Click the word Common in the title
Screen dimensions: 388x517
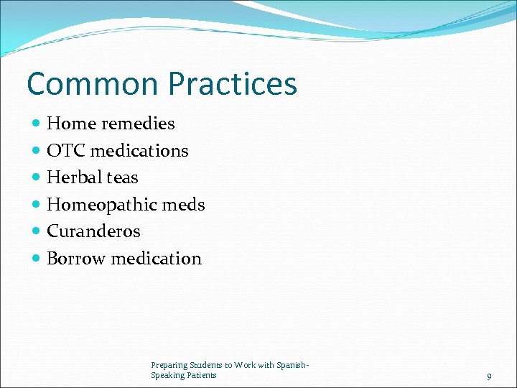pyautogui.click(x=93, y=83)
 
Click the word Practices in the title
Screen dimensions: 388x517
pyautogui.click(x=232, y=83)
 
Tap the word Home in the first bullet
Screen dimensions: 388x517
pyautogui.click(x=71, y=124)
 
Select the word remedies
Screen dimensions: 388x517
pyautogui.click(x=138, y=124)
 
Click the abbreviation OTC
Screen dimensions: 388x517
pyautogui.click(x=65, y=151)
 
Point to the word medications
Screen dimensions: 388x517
pyautogui.click(x=139, y=151)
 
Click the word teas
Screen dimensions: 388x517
pyautogui.click(x=123, y=177)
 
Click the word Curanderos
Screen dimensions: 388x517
pyautogui.click(x=93, y=231)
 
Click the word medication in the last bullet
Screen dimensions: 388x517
pyautogui.click(x=156, y=259)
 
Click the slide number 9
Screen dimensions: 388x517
pyautogui.click(x=489, y=377)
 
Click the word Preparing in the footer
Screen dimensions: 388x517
pyautogui.click(x=167, y=365)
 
